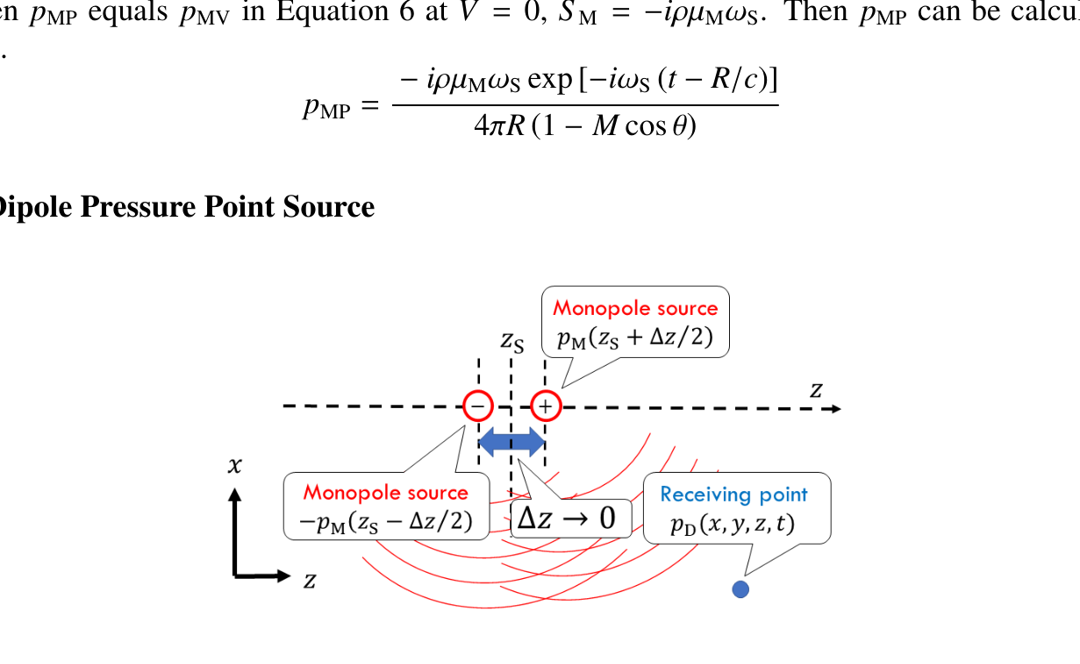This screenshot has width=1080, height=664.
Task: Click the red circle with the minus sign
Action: pyautogui.click(x=478, y=406)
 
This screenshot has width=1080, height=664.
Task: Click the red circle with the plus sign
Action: pyautogui.click(x=545, y=406)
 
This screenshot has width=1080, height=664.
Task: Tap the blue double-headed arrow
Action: pyautogui.click(x=511, y=441)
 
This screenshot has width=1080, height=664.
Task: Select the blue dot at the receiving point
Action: pyautogui.click(x=740, y=589)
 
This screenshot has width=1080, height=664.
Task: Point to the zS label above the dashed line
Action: pyautogui.click(x=512, y=341)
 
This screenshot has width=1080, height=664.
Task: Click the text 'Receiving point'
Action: pyautogui.click(x=733, y=495)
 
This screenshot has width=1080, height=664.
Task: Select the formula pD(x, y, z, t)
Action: pyautogui.click(x=736, y=523)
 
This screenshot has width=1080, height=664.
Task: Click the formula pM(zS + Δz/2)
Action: pyautogui.click(x=635, y=337)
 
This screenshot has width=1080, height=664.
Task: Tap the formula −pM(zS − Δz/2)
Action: pyautogui.click(x=386, y=522)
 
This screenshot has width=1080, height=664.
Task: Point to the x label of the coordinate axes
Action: pyautogui.click(x=234, y=466)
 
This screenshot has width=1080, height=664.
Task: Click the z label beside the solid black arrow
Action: pyautogui.click(x=309, y=579)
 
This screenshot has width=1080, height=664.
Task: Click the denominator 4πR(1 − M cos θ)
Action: pyautogui.click(x=584, y=127)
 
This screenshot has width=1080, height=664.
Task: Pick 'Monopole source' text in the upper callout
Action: pyautogui.click(x=635, y=308)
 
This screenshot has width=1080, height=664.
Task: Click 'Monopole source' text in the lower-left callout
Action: pyautogui.click(x=386, y=493)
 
